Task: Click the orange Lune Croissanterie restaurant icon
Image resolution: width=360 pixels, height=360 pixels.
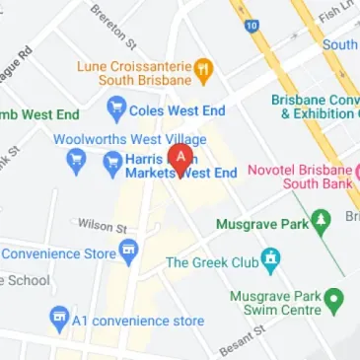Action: point(205,68)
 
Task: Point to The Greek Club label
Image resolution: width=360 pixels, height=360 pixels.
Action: point(210,262)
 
